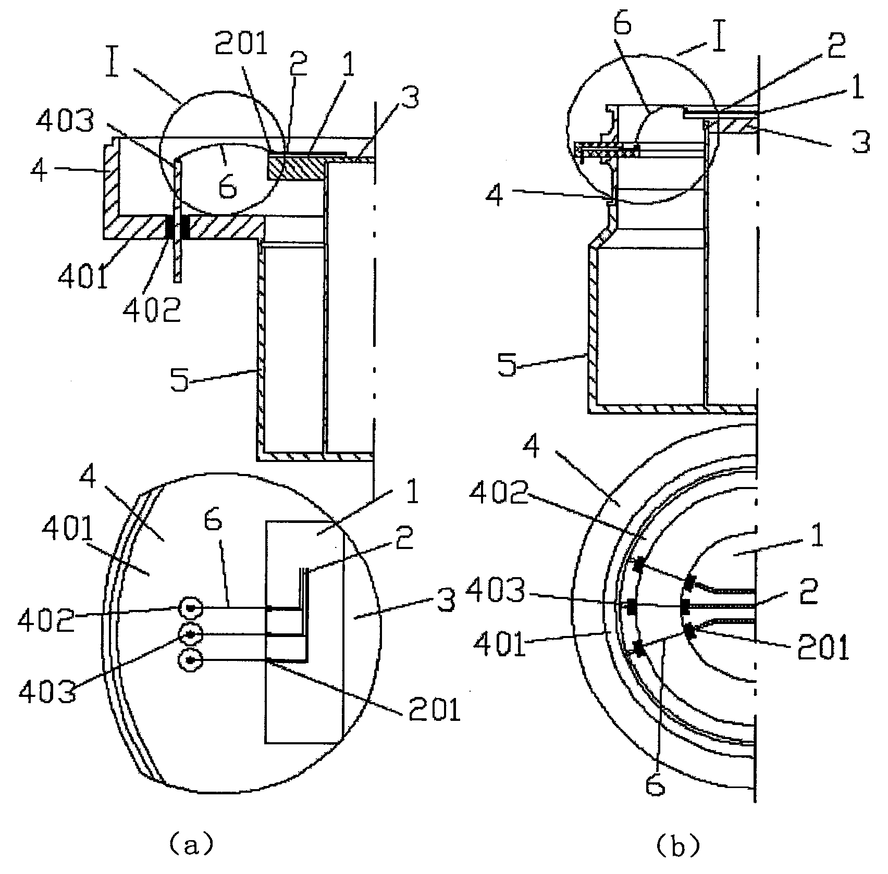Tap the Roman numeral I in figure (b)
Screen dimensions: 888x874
720,38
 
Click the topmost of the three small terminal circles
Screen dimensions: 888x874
190,608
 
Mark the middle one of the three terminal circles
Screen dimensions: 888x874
190,634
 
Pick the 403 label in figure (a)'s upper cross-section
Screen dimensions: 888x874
66,122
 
